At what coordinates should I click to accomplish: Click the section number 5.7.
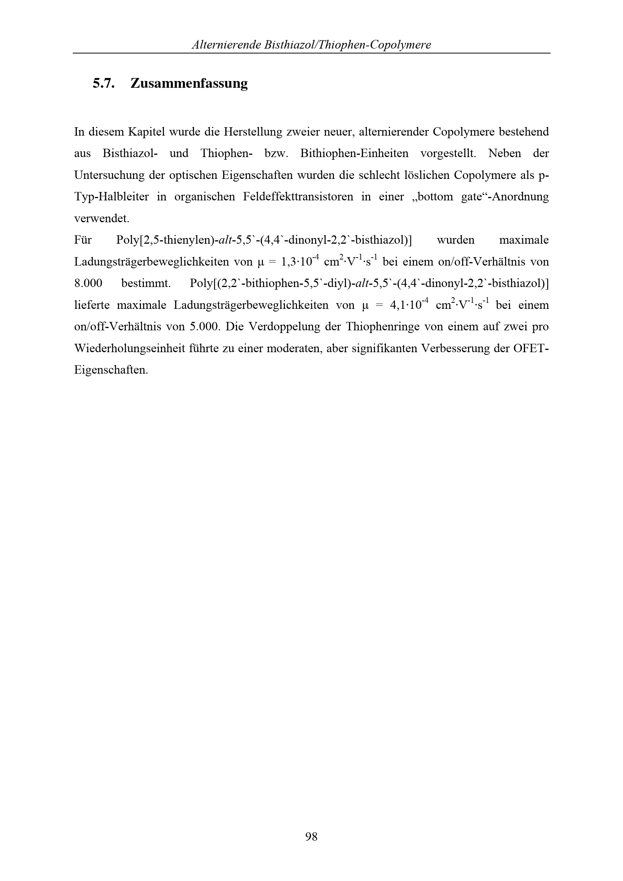point(104,83)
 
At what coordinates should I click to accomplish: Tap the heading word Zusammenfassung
point(189,83)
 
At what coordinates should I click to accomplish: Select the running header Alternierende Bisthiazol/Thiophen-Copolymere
point(311,45)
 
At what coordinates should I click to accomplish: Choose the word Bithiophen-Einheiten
point(354,153)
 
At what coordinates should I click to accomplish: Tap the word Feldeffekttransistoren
point(298,197)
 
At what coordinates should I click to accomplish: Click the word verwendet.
point(102,219)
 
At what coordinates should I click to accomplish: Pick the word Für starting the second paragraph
point(83,240)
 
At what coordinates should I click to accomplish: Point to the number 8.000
point(88,284)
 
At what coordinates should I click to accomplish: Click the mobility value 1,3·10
point(295,262)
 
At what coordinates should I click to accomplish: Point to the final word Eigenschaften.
point(111,370)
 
